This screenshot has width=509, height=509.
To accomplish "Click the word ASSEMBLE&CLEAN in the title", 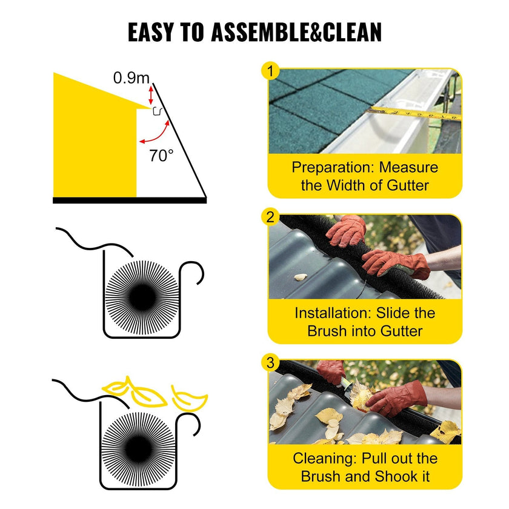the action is [296, 32].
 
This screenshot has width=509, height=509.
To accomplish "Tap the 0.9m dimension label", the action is [131, 78].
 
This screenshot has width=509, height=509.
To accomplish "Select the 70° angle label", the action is [161, 156].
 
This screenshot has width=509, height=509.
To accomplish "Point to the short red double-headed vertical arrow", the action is [151, 95].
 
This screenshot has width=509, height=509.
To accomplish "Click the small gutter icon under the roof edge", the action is [157, 111].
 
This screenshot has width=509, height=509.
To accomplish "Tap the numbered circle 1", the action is [270, 70].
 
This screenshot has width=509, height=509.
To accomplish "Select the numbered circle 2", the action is [270, 217].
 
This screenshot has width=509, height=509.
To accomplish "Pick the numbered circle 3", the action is [270, 362].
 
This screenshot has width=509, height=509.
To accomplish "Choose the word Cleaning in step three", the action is [325, 459].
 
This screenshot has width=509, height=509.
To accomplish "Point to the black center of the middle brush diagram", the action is [142, 297].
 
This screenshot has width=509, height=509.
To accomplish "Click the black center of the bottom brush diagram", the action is [138, 448].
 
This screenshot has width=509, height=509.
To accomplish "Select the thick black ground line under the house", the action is [130, 201].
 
